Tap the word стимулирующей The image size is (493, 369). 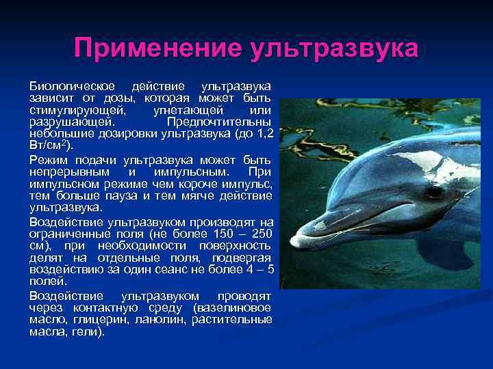click(x=71, y=109)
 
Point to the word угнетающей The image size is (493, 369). click(x=187, y=109)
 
